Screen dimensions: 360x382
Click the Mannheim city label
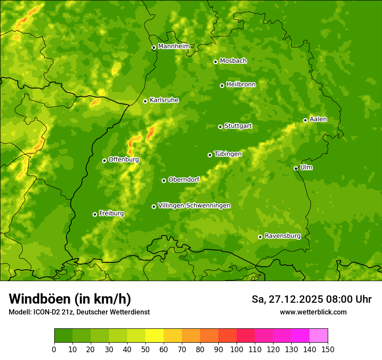pos(174,46)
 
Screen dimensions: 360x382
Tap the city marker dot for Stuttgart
pos(220,127)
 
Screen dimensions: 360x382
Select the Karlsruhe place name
pos(164,100)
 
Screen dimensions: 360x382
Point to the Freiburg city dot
pos(95,214)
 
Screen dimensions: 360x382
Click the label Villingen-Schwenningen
pos(194,206)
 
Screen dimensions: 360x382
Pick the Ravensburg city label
pos(282,236)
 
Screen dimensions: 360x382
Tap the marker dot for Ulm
pos(296,168)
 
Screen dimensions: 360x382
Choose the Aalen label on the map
pos(318,119)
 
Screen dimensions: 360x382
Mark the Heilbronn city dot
pos(222,85)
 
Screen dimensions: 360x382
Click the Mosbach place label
pos(233,61)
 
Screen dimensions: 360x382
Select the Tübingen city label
pos(227,154)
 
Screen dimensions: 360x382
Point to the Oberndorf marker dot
pos(164,180)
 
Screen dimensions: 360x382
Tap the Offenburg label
pos(123,160)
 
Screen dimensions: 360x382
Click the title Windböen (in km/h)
pos(70,299)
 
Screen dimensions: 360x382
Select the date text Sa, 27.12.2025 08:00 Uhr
pos(311,299)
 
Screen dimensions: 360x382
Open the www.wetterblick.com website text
pos(313,312)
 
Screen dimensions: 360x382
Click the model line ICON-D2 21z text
pos(79,312)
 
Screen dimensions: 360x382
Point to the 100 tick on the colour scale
pos(237,349)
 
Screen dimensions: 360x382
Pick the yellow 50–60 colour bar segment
pos(155,336)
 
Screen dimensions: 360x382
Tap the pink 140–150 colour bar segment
pos(319,336)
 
